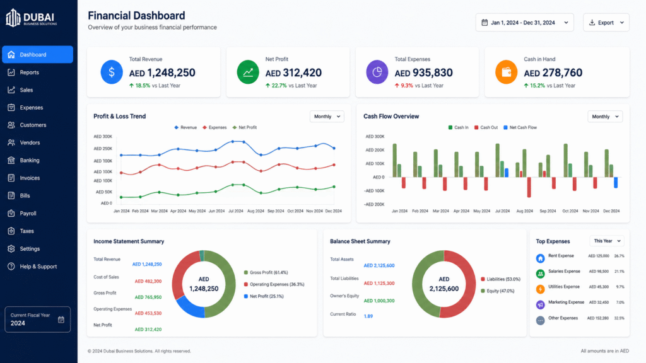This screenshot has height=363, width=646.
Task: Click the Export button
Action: pyautogui.click(x=606, y=23)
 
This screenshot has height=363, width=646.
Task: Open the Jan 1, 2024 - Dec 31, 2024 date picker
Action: pyautogui.click(x=524, y=23)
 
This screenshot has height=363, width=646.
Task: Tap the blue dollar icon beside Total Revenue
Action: pyautogui.click(x=112, y=72)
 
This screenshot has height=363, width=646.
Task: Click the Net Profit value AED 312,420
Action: pyautogui.click(x=293, y=73)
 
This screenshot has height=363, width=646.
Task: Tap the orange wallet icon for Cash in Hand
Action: pyautogui.click(x=507, y=72)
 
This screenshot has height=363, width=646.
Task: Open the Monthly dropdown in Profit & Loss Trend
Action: pyautogui.click(x=327, y=117)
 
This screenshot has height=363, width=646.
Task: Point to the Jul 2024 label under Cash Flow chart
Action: pyautogui.click(x=502, y=211)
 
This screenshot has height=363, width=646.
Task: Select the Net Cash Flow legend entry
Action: pyautogui.click(x=520, y=127)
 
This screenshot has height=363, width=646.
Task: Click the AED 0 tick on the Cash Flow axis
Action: pyautogui.click(x=379, y=177)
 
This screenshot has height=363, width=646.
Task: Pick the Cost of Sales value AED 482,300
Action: pyautogui.click(x=148, y=282)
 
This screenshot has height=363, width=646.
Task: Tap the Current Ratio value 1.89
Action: pyautogui.click(x=368, y=316)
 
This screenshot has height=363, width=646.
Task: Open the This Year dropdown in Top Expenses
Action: pyautogui.click(x=607, y=241)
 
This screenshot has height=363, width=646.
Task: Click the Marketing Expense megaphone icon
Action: pyautogui.click(x=541, y=304)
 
